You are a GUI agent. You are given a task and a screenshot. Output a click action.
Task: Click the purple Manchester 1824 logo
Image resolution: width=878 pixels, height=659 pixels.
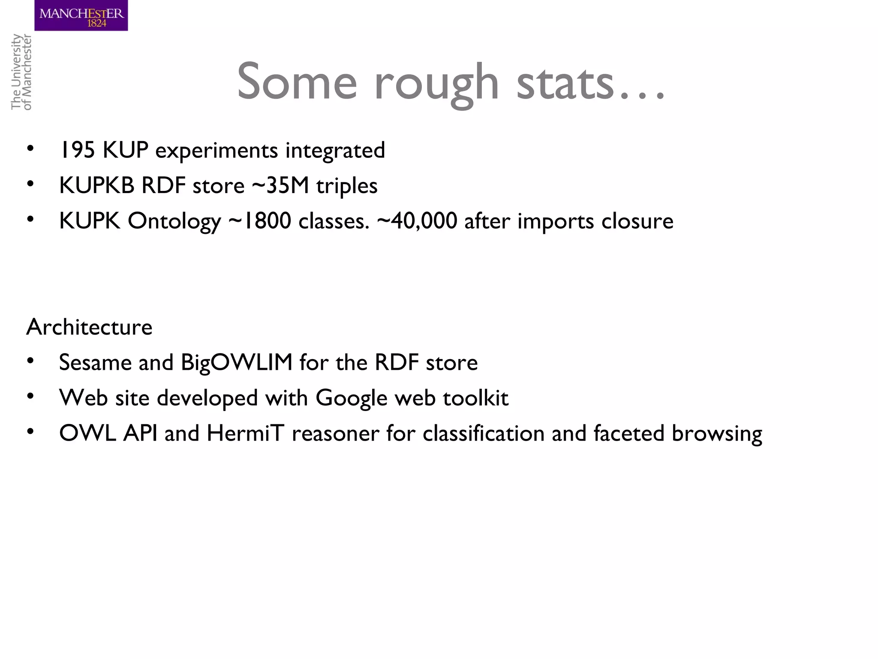(x=81, y=15)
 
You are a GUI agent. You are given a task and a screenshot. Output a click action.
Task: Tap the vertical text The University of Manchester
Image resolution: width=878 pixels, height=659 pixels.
(x=21, y=72)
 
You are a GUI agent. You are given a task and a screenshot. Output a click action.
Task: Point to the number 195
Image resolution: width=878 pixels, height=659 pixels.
(x=77, y=150)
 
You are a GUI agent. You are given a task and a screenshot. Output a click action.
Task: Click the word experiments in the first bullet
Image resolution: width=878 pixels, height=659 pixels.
(x=216, y=151)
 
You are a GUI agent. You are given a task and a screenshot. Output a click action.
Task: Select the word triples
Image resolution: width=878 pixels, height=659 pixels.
(x=347, y=186)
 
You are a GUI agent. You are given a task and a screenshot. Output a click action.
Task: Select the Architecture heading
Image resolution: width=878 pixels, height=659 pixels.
(x=89, y=327)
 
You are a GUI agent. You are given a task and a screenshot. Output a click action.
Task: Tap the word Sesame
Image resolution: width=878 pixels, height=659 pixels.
(x=95, y=363)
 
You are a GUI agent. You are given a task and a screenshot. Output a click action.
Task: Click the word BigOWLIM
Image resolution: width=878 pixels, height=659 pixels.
(x=237, y=363)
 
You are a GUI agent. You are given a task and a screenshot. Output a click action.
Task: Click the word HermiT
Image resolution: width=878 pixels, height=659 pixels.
(x=245, y=433)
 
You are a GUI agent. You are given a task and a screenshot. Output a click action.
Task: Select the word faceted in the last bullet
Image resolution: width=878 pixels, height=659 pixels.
(x=629, y=433)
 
